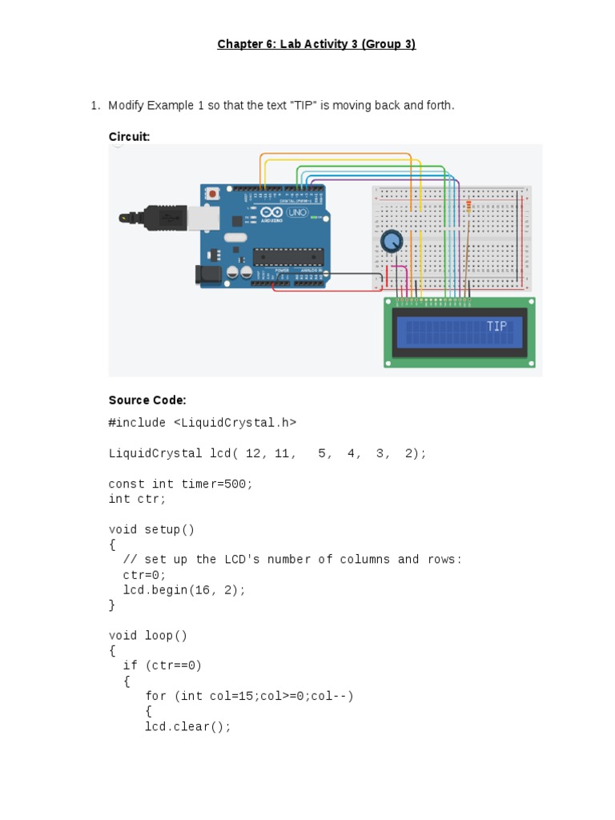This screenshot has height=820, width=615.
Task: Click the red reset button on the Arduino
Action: click(x=213, y=193)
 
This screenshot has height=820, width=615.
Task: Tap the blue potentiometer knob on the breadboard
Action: click(x=392, y=241)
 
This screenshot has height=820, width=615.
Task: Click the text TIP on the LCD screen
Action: click(x=496, y=327)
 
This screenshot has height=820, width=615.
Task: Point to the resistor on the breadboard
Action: click(x=468, y=210)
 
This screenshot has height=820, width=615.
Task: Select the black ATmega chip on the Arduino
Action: click(x=288, y=256)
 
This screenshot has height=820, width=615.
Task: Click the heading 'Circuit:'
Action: click(x=129, y=137)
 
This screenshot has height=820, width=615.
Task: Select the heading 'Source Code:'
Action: click(x=147, y=400)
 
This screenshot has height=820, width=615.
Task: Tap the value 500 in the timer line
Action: click(x=239, y=484)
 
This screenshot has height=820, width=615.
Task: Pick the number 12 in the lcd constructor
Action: click(x=254, y=453)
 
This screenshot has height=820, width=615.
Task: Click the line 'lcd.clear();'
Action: click(x=187, y=726)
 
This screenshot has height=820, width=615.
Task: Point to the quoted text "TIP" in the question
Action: click(x=303, y=106)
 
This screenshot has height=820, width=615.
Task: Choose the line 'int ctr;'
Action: click(x=137, y=499)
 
